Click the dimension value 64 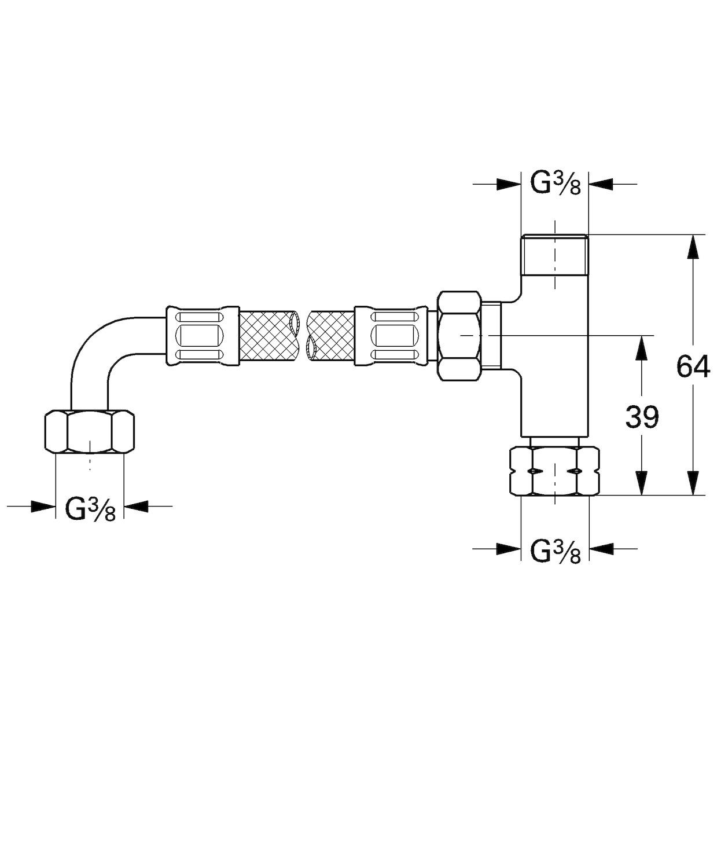[x=693, y=366]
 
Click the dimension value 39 [x=642, y=417]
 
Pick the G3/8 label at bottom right [x=555, y=551]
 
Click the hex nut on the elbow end [x=90, y=431]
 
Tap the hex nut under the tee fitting [x=554, y=471]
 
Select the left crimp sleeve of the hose [x=203, y=336]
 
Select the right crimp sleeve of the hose [x=391, y=336]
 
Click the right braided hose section [x=331, y=336]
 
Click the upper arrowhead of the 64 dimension [x=692, y=246]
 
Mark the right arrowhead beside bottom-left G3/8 [x=137, y=506]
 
